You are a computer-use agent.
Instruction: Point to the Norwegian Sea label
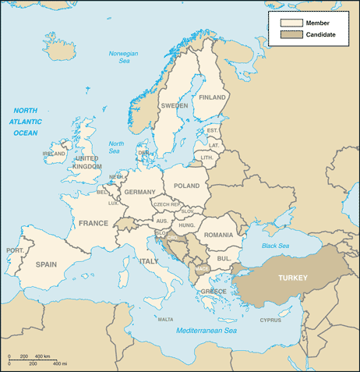tap(123, 57)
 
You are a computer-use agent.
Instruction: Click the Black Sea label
tap(274, 246)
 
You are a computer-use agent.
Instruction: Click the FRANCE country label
tap(94, 223)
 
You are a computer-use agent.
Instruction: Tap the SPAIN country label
tap(46, 264)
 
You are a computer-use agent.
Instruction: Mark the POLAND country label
tap(186, 186)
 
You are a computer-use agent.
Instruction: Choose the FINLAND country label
tap(212, 97)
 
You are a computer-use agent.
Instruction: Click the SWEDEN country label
tap(174, 105)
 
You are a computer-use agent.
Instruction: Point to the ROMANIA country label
tap(218, 235)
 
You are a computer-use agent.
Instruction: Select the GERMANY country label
tap(140, 192)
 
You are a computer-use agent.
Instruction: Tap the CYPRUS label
tap(270, 320)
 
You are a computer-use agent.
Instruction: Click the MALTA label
tap(165, 319)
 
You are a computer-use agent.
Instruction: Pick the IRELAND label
tap(54, 154)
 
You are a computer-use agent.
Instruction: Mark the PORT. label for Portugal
tap(14, 250)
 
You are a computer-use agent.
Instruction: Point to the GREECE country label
tap(214, 292)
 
